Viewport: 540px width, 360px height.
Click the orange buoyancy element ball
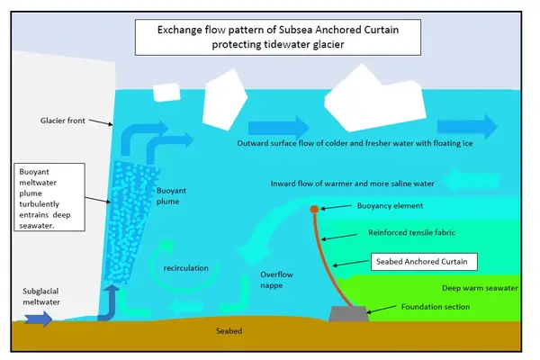point(314,209)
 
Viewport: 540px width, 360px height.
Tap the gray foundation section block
point(348,314)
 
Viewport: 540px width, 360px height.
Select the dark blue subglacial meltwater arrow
point(38,319)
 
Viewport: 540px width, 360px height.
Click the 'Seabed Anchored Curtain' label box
point(424,262)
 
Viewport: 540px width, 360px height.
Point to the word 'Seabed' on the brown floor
point(229,331)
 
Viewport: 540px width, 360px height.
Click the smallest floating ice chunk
point(166,93)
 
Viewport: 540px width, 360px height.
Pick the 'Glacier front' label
point(62,121)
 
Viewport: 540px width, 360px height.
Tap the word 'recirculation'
point(186,268)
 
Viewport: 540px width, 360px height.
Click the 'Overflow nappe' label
point(276,280)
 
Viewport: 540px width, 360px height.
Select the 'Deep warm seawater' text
point(480,288)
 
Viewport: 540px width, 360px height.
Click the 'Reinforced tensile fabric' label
point(411,232)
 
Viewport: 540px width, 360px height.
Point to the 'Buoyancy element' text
point(390,206)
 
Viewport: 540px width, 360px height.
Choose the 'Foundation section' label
point(436,307)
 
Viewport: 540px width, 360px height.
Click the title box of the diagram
point(278,37)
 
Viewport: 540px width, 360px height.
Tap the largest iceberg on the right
point(375,99)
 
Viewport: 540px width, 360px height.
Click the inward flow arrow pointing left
point(471,181)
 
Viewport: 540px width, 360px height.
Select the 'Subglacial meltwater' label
point(41,297)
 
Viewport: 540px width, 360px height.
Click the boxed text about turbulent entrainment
point(49,197)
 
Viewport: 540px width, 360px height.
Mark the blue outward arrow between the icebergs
point(278,128)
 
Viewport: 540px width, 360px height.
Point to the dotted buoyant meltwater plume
point(130,220)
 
